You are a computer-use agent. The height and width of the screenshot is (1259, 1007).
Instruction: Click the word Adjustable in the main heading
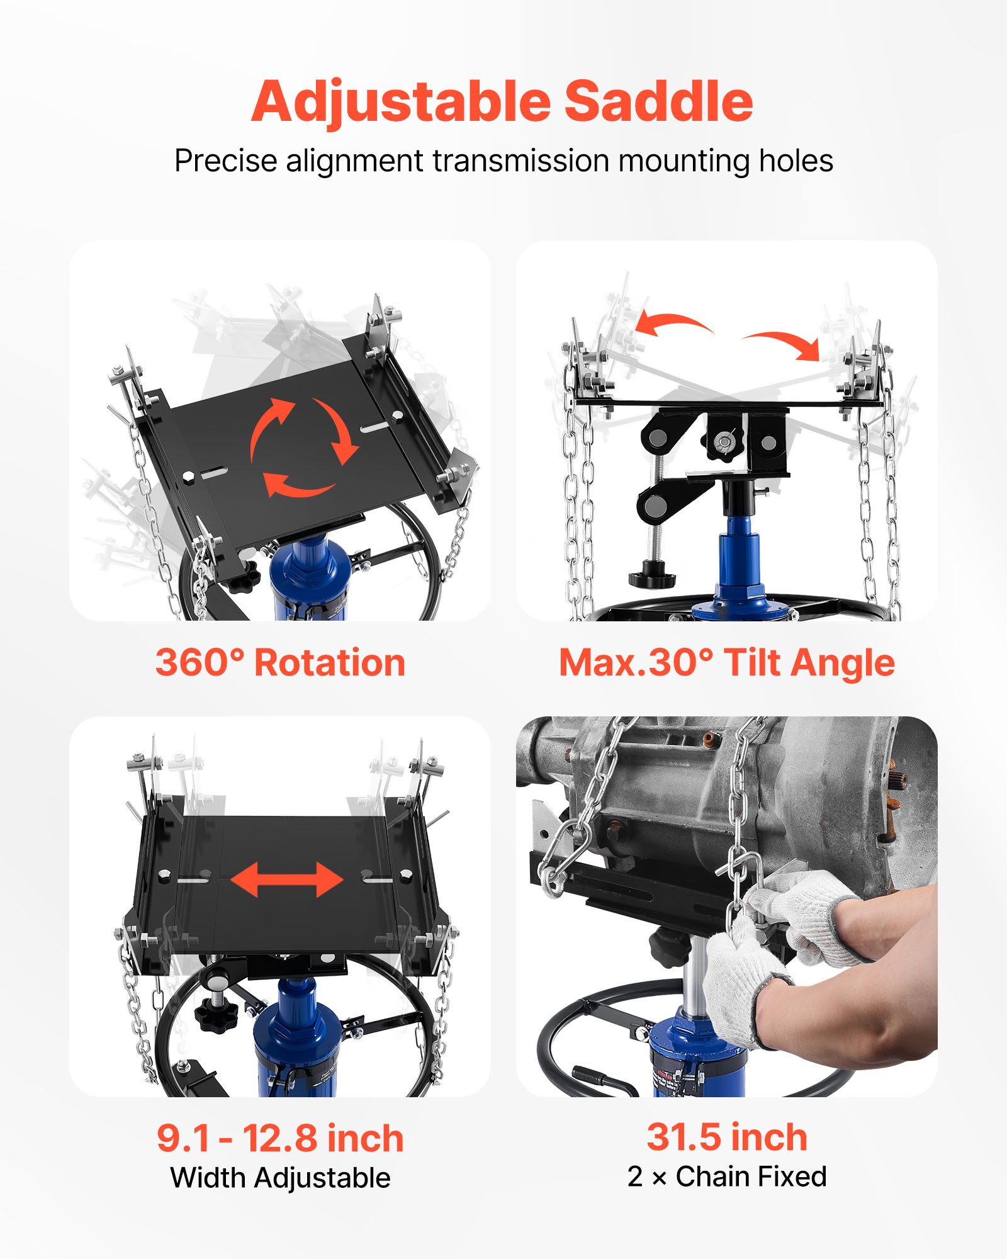(x=401, y=102)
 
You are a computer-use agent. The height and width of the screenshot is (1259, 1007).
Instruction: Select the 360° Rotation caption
(x=280, y=663)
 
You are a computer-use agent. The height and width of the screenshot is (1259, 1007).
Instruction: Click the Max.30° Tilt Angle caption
(x=726, y=663)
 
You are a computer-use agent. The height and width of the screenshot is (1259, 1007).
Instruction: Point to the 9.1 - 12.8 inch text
(x=280, y=1138)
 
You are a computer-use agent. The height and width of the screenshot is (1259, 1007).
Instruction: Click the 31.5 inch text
(x=727, y=1137)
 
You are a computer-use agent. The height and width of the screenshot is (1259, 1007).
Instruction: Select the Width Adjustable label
(x=280, y=1178)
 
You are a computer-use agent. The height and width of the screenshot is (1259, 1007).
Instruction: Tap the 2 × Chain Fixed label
(x=727, y=1177)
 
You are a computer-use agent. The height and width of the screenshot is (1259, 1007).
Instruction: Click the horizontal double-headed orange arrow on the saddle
(x=287, y=879)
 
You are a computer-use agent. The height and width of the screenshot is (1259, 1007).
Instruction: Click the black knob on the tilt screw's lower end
(x=651, y=577)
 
